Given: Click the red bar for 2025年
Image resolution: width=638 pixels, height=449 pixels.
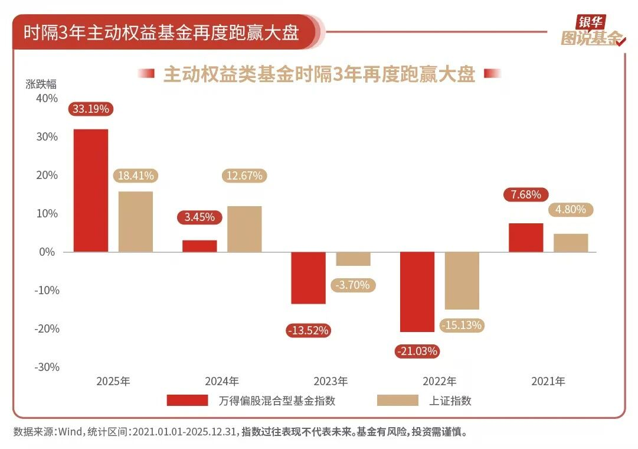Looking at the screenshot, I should pos(90,190).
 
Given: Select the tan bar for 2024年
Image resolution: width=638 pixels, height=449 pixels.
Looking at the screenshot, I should pos(244,229).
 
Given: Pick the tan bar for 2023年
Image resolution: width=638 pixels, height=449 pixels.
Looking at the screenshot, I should pos(353,259).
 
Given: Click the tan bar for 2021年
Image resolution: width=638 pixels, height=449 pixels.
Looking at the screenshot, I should pos(571,243).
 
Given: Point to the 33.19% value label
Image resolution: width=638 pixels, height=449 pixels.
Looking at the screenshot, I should pos(91,109).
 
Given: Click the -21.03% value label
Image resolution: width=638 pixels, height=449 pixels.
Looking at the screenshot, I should pos(417,352).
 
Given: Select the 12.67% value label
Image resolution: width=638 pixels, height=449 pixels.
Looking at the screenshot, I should pos(244,175).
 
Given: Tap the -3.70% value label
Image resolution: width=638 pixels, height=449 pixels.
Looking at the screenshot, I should pos(352,285).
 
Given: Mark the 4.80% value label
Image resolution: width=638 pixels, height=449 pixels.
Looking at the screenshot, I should pos(571,209).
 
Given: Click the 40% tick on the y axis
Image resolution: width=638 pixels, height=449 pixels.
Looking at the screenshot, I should pos(47,99).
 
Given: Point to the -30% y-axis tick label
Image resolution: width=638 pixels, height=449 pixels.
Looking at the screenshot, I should pos(47,367).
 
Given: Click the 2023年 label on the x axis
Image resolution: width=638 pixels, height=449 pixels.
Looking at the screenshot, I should pos(331,381).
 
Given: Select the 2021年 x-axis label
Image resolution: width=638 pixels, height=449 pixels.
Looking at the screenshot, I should pos(548,381).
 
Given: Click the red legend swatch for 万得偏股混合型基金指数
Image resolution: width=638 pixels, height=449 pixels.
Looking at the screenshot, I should pos(187,401).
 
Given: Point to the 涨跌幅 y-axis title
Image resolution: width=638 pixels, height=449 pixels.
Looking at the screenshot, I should pos(40,83).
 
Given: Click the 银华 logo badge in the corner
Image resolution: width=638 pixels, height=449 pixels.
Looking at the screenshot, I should pos(591,23).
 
